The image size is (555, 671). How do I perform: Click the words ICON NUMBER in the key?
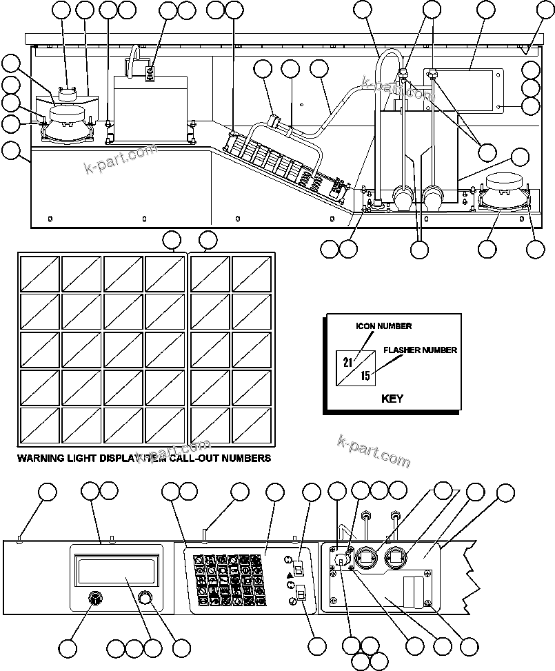pos(383,326)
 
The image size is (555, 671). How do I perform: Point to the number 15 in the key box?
pos(365,376)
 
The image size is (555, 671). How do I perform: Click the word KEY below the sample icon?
pos(392,399)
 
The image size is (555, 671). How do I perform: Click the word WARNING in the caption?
pos(40,458)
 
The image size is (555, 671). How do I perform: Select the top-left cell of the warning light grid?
pos(40,274)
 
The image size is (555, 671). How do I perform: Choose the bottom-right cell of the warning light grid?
pos(251,424)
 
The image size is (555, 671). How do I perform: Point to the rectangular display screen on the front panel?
pos(116,570)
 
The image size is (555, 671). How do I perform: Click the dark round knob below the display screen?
pos(93,598)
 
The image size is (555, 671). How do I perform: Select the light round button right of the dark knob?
pos(145,597)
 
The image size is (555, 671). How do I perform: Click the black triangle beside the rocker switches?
pos(288,573)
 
